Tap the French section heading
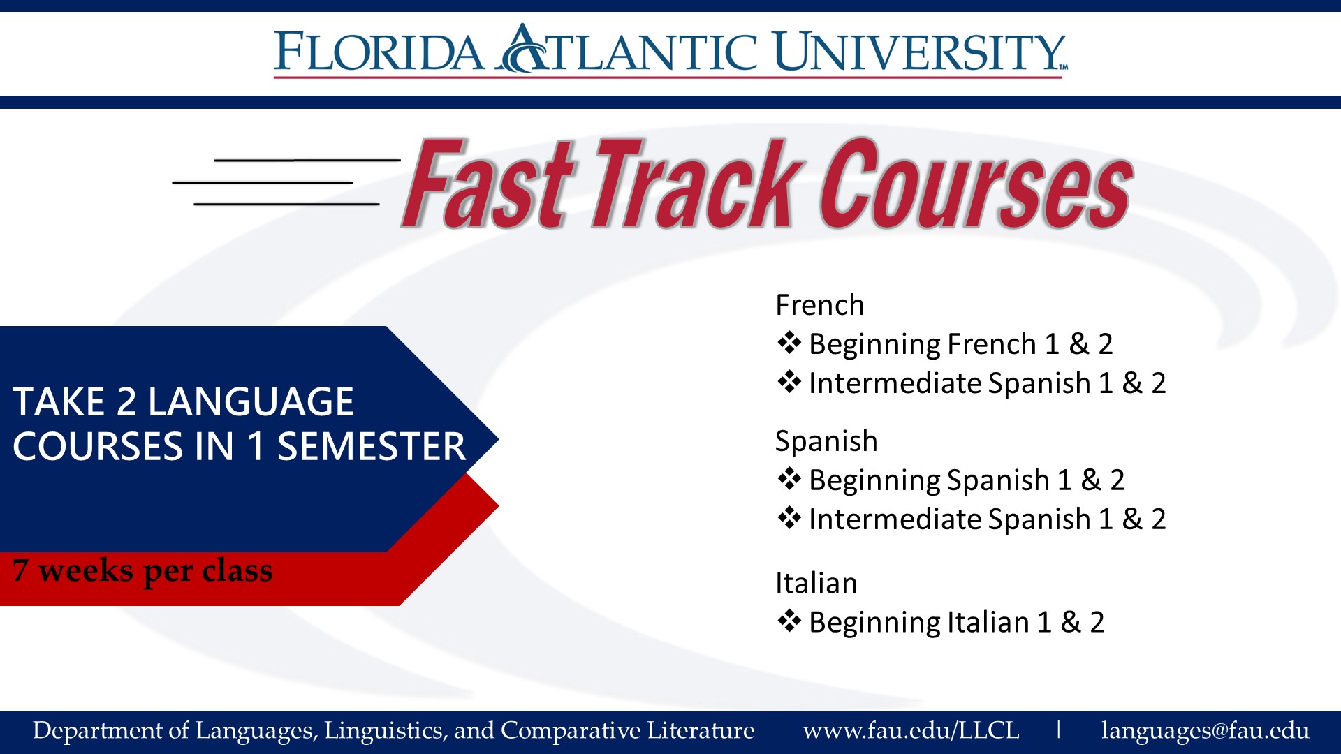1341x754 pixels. tap(820, 305)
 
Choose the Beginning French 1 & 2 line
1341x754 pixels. tap(945, 344)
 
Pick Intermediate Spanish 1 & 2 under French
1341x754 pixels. tap(972, 383)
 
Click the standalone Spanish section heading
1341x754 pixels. tap(826, 442)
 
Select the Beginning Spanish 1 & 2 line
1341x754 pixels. tap(951, 480)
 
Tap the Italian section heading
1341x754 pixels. tap(816, 583)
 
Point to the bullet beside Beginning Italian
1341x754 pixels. tap(789, 621)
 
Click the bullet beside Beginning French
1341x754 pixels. tap(789, 343)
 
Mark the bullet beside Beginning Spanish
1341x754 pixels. tap(789, 479)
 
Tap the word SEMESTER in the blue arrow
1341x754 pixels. tap(372, 447)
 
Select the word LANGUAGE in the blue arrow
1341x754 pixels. tap(251, 402)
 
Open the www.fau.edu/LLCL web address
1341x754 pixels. tap(911, 730)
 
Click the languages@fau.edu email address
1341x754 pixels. tap(1205, 731)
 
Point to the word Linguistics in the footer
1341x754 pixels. tap(386, 731)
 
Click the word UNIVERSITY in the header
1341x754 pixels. tap(920, 51)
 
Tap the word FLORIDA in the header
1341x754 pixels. tap(379, 51)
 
